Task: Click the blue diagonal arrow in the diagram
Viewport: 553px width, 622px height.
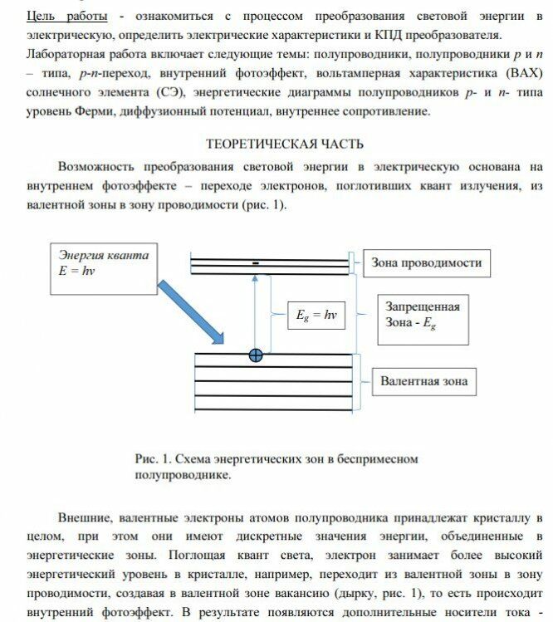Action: [x=192, y=311]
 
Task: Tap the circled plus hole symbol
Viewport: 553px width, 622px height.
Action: [x=256, y=355]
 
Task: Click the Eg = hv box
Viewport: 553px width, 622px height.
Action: [x=315, y=316]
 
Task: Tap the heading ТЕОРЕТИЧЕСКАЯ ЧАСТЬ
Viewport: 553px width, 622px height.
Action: [x=276, y=144]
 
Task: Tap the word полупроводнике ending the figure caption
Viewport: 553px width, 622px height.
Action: [x=182, y=476]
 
